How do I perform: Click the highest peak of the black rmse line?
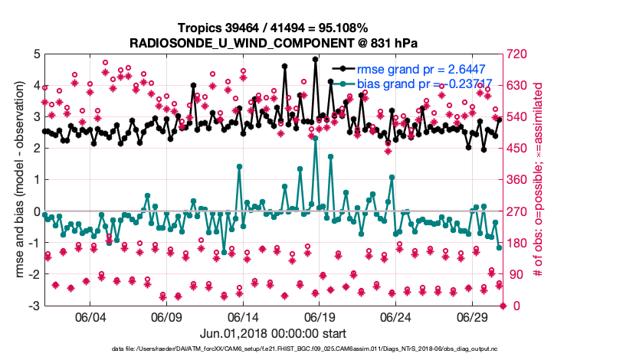315,59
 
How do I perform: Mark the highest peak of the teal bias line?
315,138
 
